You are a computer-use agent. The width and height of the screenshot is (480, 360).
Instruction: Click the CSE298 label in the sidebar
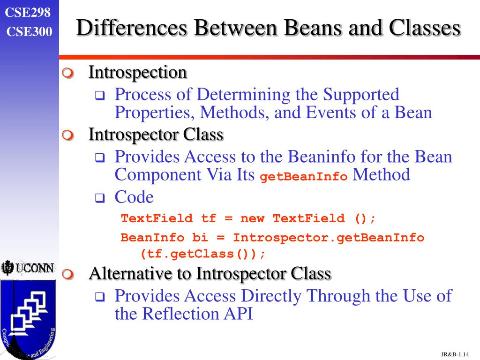[28, 13]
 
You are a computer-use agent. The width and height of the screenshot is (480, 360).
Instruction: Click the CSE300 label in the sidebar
[29, 31]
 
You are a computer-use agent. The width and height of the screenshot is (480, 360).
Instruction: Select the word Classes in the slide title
[424, 28]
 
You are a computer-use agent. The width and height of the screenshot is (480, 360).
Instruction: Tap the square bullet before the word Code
[99, 199]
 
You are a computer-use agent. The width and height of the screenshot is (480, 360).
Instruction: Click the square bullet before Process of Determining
[99, 96]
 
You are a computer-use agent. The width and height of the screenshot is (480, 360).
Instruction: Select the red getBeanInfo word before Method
[304, 177]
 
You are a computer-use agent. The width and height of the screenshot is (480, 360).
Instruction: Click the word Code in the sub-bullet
[134, 197]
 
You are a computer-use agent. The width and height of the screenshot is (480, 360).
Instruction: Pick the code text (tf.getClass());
[203, 254]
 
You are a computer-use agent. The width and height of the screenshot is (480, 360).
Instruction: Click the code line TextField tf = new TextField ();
[248, 218]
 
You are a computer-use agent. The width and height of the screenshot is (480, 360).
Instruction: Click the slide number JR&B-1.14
[455, 353]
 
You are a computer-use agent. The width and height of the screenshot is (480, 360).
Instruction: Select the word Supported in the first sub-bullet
[361, 95]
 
